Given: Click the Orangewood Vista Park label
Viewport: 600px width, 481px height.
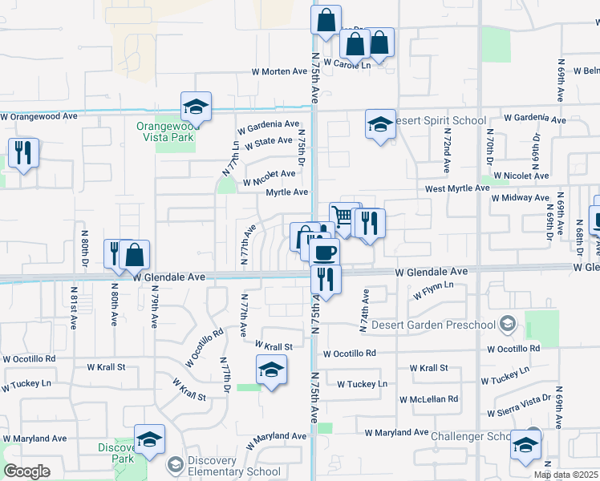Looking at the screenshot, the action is point(165,132).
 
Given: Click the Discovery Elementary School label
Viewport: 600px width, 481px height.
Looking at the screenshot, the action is point(224,467).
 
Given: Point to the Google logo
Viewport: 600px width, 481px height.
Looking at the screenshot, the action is point(26,471).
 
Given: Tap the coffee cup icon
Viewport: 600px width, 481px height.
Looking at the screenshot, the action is point(325,253).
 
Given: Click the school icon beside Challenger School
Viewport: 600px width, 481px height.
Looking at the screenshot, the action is point(526,446).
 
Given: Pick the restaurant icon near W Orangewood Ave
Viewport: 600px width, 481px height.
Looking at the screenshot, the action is point(23,151).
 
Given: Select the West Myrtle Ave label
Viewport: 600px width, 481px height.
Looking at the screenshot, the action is point(456,188).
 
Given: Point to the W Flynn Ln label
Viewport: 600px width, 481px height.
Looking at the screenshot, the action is point(433,290).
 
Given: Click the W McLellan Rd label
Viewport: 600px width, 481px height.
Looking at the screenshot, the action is point(430,398).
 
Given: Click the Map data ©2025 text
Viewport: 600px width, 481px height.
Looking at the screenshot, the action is point(566,475).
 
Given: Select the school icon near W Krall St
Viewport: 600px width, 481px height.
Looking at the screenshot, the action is point(271,370).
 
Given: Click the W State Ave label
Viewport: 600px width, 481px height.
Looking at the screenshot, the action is point(269,141).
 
